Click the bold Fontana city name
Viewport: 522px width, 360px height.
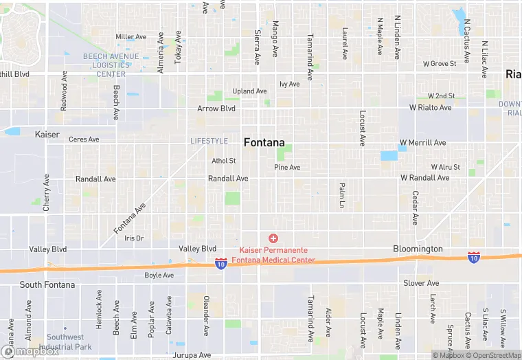point(264,142)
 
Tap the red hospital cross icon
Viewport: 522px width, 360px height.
point(273,238)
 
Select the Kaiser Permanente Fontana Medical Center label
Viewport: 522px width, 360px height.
point(277,255)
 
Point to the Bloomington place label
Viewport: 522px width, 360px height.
point(418,248)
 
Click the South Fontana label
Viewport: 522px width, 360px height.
point(41,284)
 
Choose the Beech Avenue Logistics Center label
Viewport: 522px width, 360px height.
point(111,65)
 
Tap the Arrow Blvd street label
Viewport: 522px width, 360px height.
point(216,109)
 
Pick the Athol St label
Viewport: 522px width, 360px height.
point(224,161)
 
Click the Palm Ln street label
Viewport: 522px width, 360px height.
point(341,195)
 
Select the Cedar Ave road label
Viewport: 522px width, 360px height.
point(415,207)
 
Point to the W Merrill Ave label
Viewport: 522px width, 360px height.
point(423,143)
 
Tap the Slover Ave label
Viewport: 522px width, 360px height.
point(422,283)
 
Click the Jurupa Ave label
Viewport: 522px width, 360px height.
point(192,355)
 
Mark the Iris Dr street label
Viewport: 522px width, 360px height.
point(134,238)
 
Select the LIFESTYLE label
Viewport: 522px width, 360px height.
point(209,141)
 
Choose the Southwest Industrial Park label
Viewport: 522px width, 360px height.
point(65,342)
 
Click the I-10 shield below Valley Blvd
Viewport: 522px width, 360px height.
point(220,263)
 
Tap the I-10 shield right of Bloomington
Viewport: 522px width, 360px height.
point(474,257)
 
